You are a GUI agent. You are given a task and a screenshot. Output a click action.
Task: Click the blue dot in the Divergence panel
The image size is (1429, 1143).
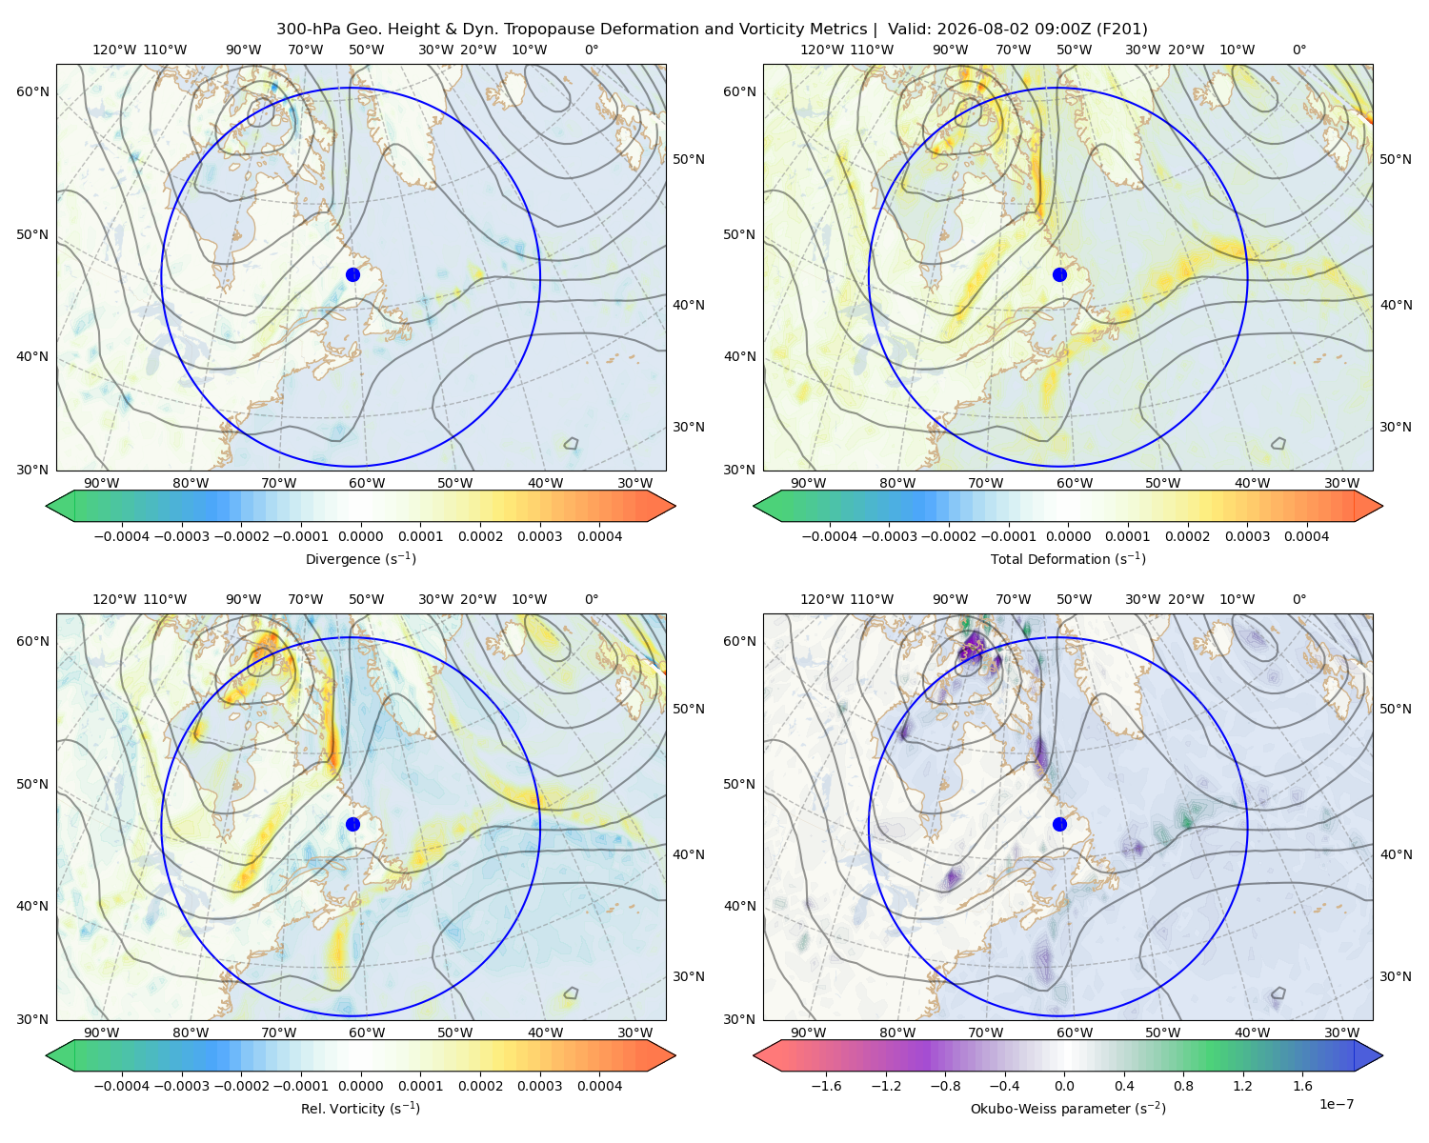(x=352, y=274)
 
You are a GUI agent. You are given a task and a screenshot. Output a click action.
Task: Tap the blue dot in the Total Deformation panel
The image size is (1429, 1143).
(x=1059, y=274)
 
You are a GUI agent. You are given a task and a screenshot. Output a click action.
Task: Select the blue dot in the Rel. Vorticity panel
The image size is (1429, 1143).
(x=352, y=824)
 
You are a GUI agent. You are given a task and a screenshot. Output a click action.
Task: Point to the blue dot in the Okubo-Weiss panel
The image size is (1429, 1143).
(x=1059, y=824)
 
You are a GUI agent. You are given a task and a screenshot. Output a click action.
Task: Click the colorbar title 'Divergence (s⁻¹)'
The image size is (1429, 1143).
(x=360, y=558)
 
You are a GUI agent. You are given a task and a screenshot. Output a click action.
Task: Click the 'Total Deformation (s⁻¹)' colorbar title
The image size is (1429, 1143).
(x=1068, y=558)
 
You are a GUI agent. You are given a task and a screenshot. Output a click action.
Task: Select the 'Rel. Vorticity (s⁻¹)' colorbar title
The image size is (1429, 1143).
(x=360, y=1108)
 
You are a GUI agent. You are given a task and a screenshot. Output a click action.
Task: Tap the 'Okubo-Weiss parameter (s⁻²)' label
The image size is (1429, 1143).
(x=1068, y=1108)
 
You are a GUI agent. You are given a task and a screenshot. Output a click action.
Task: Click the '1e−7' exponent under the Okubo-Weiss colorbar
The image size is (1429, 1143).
(x=1336, y=1104)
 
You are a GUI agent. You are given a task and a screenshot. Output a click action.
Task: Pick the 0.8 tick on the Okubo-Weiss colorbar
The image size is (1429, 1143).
(x=1183, y=1086)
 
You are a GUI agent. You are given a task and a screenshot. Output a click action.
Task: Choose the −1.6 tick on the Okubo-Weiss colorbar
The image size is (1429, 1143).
(x=826, y=1086)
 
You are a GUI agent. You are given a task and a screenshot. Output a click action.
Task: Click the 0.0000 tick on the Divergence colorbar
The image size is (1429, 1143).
(x=360, y=536)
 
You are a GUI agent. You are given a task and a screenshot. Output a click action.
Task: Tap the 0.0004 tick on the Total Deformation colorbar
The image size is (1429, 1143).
(x=1306, y=536)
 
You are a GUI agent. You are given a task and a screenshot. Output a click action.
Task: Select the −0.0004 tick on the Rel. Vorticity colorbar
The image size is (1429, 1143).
(x=122, y=1086)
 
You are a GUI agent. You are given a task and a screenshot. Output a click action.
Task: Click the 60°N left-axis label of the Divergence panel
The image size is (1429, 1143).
(x=32, y=91)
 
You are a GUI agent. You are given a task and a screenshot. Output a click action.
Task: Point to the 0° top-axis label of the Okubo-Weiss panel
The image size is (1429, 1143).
(x=1298, y=599)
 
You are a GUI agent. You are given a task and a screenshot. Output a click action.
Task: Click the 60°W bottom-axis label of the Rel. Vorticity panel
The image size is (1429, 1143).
(x=367, y=1033)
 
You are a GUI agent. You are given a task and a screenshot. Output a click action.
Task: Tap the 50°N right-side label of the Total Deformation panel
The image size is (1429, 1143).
(x=1396, y=159)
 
